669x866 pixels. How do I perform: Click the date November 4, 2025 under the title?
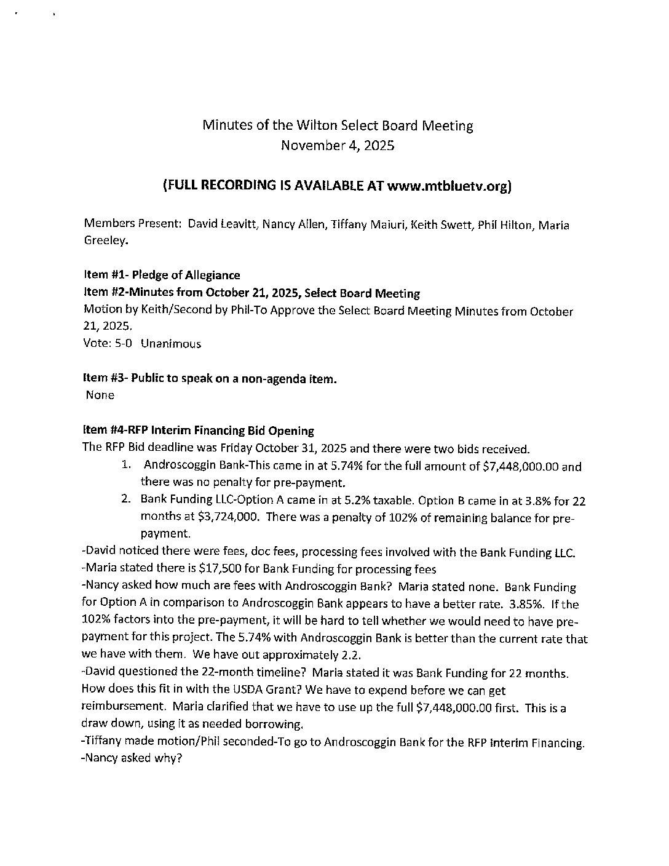pos(338,146)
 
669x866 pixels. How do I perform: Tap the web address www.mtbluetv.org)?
pos(449,186)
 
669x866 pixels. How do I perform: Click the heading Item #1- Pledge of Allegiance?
pos(162,275)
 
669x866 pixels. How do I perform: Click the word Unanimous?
pos(171,344)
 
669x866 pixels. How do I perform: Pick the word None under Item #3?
pos(100,395)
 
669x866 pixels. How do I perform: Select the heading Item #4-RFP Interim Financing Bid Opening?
pos(198,431)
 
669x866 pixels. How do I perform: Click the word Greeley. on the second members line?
pos(106,241)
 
